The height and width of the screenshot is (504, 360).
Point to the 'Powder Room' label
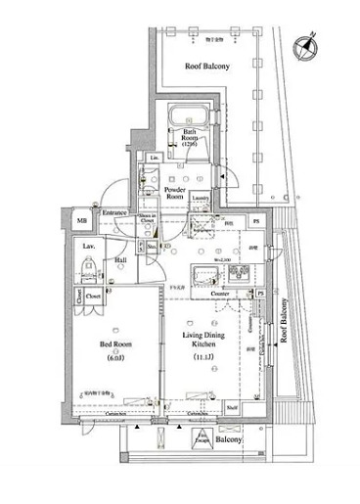point(174,192)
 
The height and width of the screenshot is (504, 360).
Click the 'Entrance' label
point(115,212)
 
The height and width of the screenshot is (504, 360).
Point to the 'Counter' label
point(219,293)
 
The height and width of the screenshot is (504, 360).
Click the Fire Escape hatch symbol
point(203,439)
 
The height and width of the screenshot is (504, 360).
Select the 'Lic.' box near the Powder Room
point(155,159)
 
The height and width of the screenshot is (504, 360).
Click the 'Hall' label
point(119,259)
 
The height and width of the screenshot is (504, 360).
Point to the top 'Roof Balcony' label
point(207,66)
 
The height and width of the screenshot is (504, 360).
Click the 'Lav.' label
point(87,245)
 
